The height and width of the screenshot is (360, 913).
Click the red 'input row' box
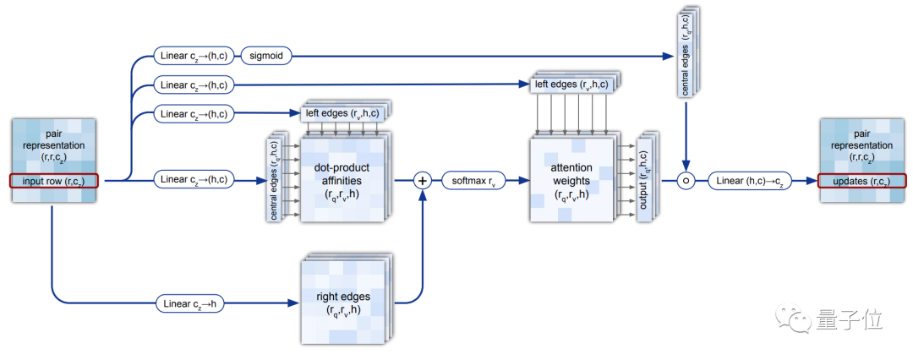click(54, 180)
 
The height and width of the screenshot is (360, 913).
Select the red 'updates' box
click(861, 180)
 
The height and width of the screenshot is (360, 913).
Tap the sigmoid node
click(266, 57)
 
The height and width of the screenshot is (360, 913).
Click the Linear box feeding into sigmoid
click(194, 57)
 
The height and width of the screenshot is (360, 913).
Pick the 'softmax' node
click(474, 180)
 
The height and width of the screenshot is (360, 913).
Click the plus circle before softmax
click(422, 180)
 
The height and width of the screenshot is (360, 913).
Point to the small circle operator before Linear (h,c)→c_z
click(686, 180)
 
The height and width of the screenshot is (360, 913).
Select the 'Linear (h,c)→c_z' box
click(751, 180)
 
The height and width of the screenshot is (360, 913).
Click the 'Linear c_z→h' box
click(190, 303)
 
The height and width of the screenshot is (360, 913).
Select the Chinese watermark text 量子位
click(849, 320)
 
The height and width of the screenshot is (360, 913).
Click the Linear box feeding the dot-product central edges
click(194, 179)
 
